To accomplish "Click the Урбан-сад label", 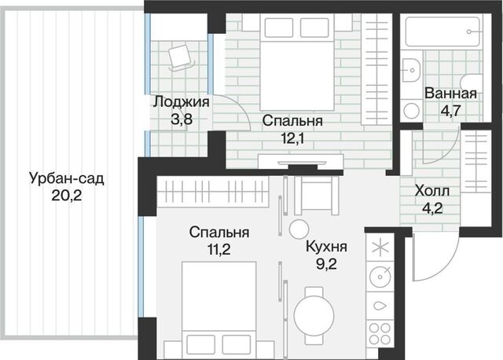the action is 66,179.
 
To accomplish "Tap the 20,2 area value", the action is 67,195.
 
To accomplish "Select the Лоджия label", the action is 181,102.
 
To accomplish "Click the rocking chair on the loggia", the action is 182,57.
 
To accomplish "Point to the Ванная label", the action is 450,94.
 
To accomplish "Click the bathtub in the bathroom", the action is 443,31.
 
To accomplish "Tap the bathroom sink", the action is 411,70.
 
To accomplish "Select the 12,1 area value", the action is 292,138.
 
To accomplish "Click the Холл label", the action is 432,191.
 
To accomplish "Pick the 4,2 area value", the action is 432,208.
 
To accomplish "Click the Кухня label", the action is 327,247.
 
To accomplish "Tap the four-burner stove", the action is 380,334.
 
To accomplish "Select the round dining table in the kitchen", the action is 314,314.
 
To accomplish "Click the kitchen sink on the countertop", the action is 380,277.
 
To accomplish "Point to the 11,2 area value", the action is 219,249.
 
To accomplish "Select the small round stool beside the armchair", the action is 299,230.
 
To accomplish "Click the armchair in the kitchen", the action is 317,195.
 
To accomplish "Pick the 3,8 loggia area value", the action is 182,119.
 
